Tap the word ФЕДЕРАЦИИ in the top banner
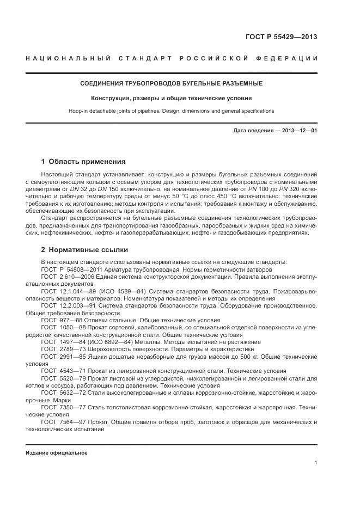point(294,58)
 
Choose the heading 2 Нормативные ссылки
point(85,250)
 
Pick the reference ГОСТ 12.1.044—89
point(66,292)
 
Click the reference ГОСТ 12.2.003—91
point(66,306)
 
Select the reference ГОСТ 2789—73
point(62,349)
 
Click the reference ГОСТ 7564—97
point(62,421)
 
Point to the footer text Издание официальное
point(57,452)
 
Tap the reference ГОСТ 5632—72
point(62,392)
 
